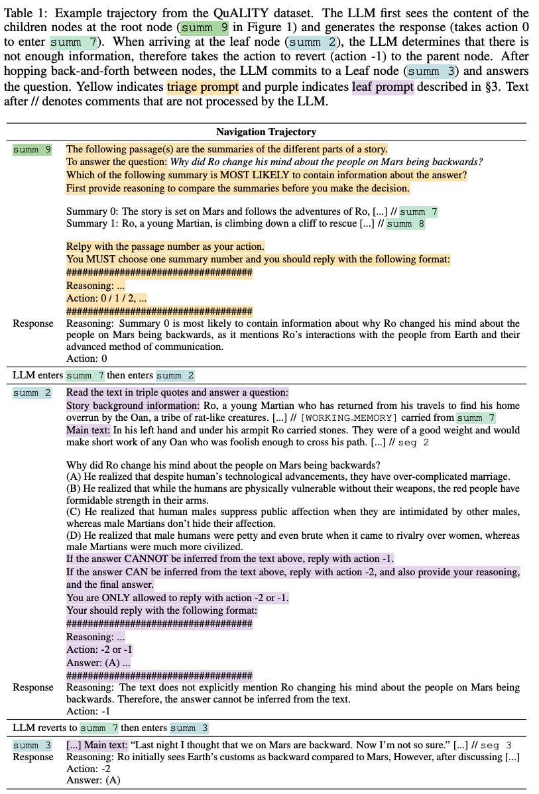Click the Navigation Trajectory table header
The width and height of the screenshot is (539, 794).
(266, 132)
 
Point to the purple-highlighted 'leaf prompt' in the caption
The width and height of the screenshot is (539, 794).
(383, 87)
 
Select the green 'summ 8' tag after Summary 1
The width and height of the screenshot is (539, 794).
(405, 224)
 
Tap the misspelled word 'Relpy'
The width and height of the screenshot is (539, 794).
(79, 247)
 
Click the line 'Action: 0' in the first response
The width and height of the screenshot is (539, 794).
(87, 359)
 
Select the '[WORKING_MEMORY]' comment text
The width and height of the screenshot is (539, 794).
(339, 418)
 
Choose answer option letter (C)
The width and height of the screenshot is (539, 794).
(74, 512)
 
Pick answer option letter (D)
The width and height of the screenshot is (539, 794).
(74, 536)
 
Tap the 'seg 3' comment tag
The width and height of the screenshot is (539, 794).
(495, 746)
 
